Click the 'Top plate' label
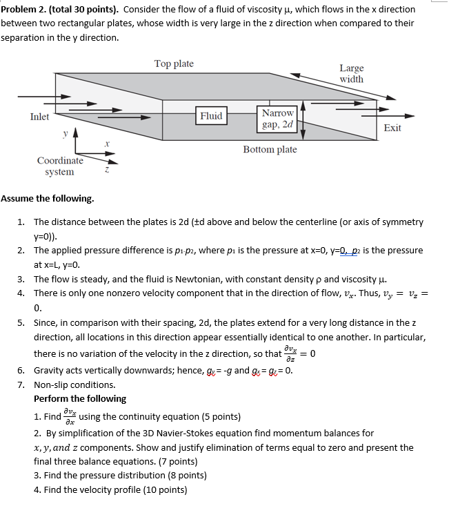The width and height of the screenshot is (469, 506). coord(174,64)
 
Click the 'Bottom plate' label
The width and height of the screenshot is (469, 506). coord(270,149)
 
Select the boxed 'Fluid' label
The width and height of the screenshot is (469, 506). coord(211,116)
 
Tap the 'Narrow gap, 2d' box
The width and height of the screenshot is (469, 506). coord(277,119)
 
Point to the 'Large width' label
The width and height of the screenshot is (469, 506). coord(351,73)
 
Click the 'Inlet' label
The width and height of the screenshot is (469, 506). coord(39,117)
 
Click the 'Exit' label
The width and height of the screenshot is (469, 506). coord(392,128)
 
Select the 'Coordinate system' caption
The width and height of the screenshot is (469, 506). coord(60,166)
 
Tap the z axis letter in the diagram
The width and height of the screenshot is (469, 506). coord(107,169)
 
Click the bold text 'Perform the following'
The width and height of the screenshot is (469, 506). coord(80,398)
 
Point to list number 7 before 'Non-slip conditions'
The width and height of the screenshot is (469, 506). coord(21,385)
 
